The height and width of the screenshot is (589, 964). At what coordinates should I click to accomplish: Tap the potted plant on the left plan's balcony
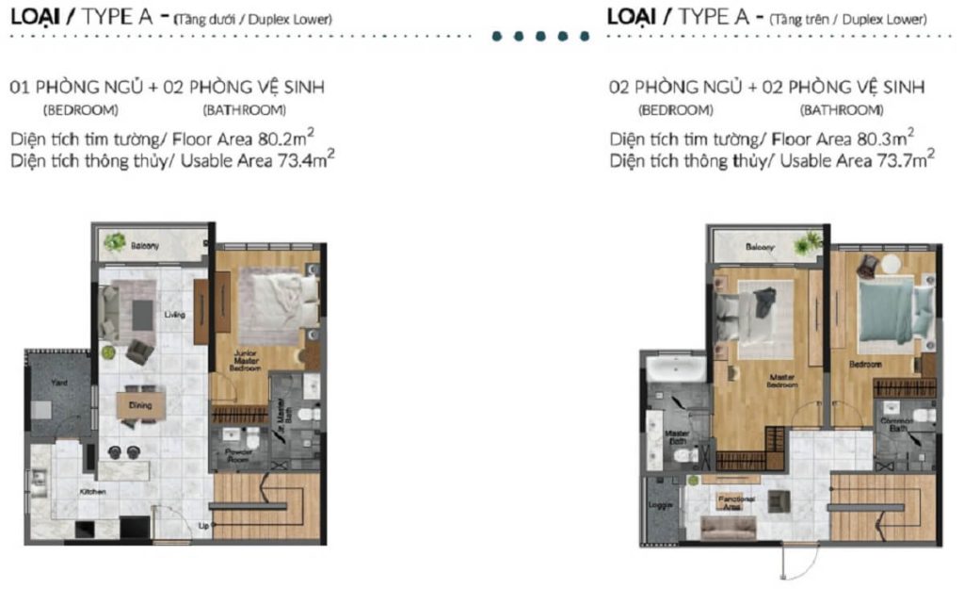coord(115,243)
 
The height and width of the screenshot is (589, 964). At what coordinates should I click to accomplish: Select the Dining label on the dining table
coord(140,405)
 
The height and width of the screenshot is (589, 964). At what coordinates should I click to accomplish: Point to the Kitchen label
coord(92,492)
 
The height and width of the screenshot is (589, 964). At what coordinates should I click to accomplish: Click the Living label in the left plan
coord(173,315)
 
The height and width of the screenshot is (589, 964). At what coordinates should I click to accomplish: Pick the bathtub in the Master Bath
coord(672,367)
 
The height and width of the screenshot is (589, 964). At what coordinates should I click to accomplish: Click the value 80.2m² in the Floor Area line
coord(284,138)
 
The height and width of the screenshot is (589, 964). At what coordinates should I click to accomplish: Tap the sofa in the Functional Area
coord(728,528)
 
